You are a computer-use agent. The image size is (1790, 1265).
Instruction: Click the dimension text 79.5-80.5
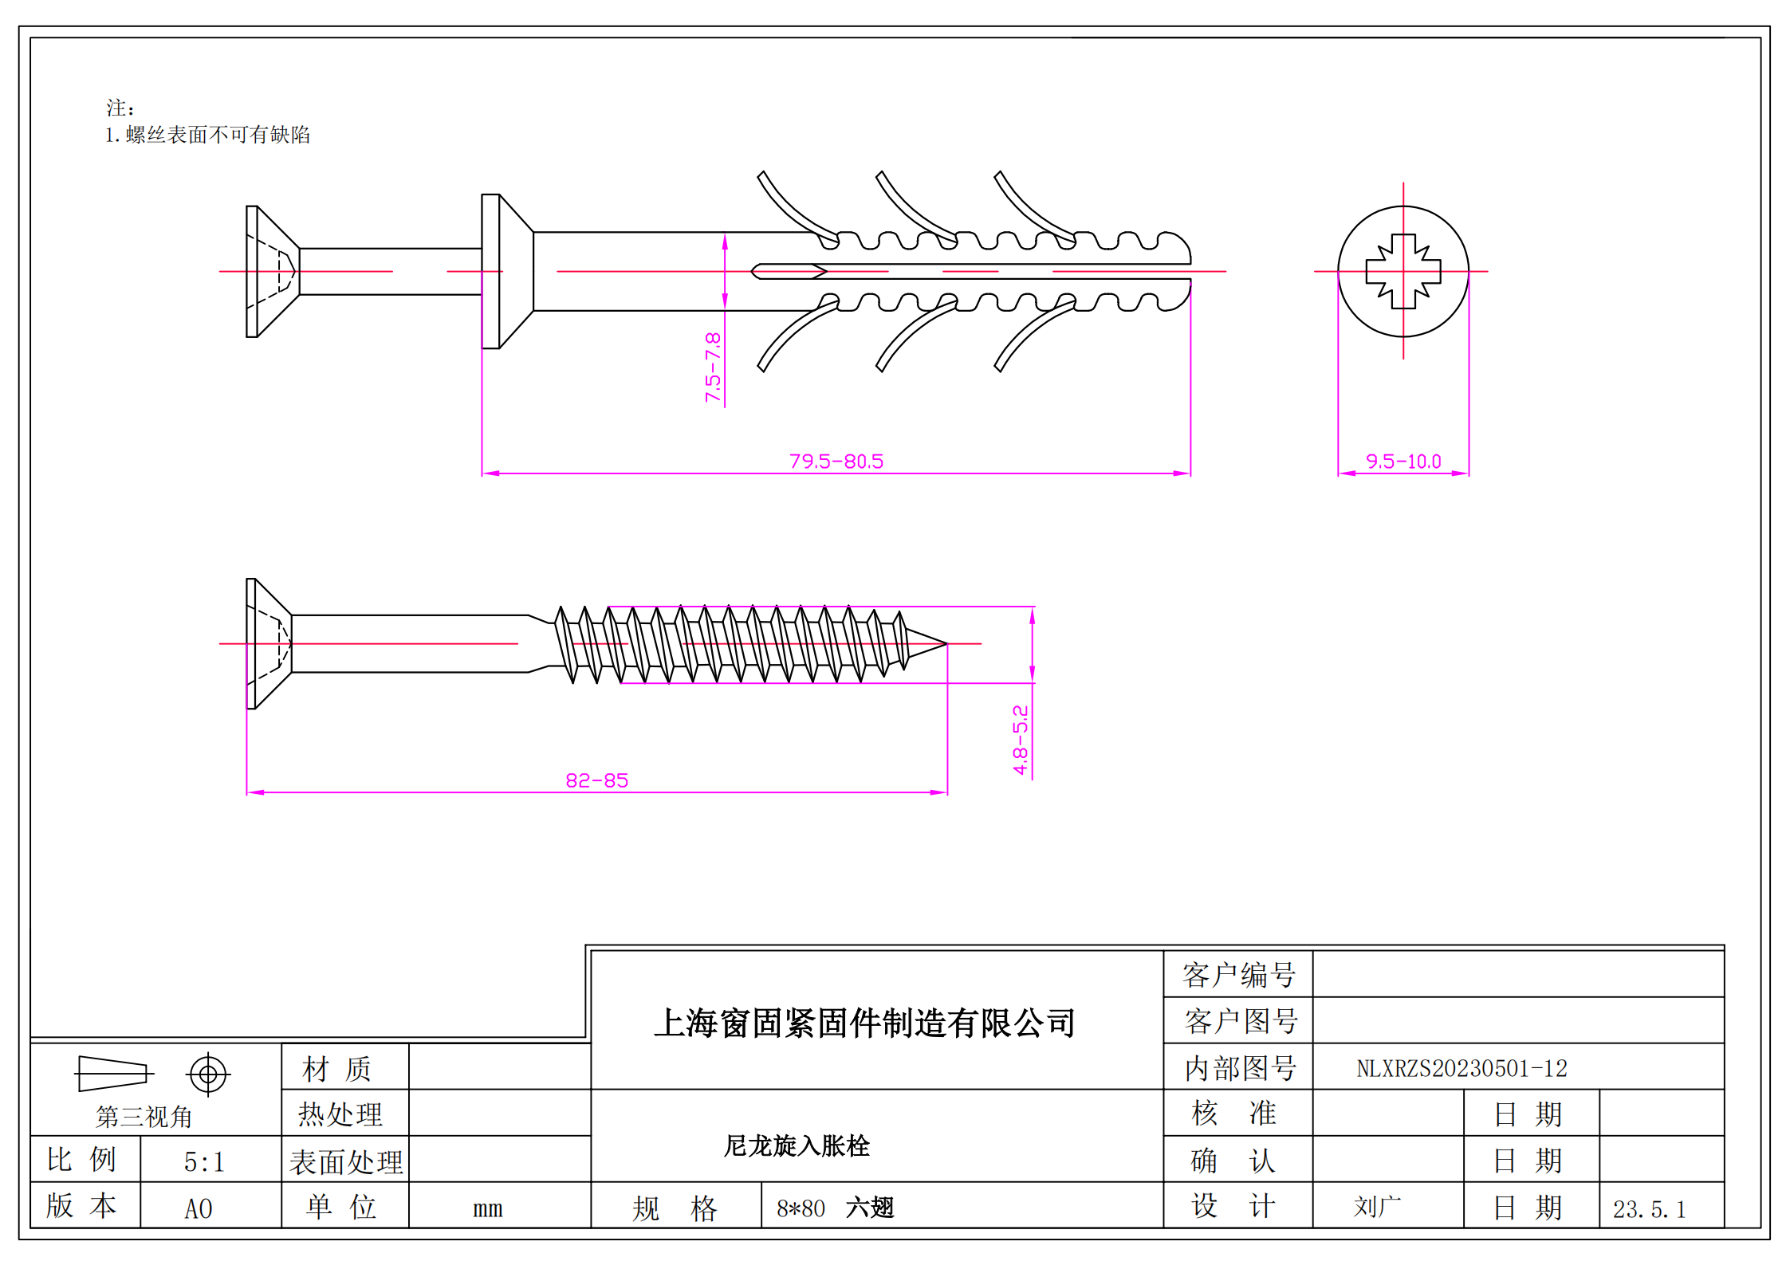tap(836, 462)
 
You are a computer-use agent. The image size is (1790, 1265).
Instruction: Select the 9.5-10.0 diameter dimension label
tap(1402, 462)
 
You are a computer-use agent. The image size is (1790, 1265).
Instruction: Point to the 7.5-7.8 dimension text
tap(713, 367)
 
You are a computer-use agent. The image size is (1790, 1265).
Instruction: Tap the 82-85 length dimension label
tap(596, 780)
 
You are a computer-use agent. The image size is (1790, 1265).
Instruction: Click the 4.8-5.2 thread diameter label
tap(1020, 740)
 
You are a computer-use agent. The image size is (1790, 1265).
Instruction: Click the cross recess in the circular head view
tap(1402, 271)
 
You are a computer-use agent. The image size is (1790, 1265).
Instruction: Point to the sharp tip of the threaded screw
tap(945, 643)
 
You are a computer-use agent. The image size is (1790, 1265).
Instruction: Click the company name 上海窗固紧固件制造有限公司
tap(864, 1023)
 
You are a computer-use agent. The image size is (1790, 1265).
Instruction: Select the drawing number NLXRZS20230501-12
tap(1462, 1068)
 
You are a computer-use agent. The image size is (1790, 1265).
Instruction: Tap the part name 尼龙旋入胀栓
tap(796, 1145)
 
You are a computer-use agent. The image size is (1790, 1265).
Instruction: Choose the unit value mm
tap(487, 1208)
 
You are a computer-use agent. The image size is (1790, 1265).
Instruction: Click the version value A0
tap(199, 1208)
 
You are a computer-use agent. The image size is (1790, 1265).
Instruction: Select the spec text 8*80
tap(801, 1208)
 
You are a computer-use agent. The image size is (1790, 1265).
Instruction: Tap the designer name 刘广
tap(1376, 1207)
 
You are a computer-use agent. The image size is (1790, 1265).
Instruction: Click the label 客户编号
tap(1238, 975)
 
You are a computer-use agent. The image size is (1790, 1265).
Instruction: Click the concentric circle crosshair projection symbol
tap(208, 1074)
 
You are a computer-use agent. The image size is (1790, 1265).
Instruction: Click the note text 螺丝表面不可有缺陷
tap(217, 135)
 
